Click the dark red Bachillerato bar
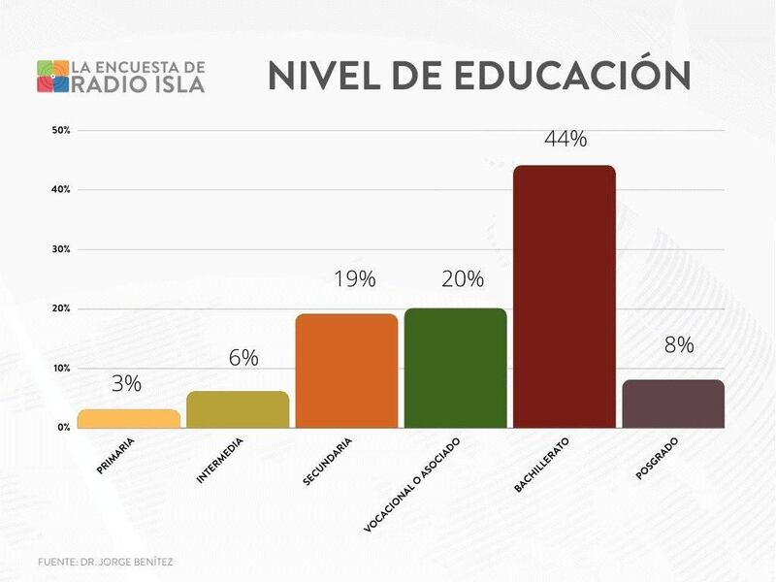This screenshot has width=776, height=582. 564,296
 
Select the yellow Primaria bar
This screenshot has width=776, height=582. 129,418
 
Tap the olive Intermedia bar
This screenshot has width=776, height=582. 238,409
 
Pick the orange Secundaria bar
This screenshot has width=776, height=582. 346,371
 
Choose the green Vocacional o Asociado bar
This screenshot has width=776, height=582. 455,368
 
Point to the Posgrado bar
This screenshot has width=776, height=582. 673,404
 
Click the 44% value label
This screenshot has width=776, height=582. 566,139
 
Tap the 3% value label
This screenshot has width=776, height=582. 126,383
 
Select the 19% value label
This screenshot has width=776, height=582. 354,279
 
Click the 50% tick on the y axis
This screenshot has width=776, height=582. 60,130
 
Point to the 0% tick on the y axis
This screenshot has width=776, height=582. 63,428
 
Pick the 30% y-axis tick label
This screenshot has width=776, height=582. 60,249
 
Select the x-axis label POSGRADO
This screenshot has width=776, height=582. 657,456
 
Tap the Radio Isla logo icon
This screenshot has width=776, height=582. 52,77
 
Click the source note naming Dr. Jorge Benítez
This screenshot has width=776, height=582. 107,562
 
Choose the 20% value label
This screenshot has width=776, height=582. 463,279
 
